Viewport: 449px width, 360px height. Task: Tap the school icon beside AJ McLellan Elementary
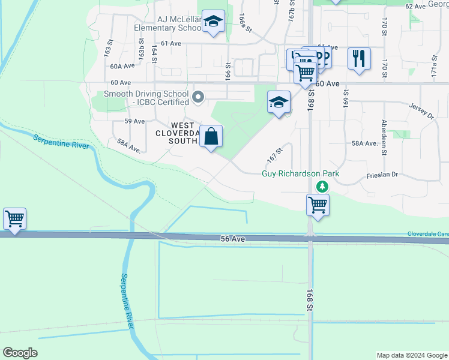212,22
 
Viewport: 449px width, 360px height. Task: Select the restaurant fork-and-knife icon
359,59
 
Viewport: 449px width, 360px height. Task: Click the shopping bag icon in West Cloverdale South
211,136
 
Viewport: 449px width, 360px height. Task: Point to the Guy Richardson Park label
301,174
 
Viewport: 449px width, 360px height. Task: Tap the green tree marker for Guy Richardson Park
323,187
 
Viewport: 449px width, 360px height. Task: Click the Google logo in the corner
20,352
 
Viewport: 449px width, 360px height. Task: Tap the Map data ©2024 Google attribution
412,355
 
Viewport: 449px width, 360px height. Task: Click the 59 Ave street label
135,121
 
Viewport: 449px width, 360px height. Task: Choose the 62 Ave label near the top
415,6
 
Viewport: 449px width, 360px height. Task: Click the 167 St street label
275,156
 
